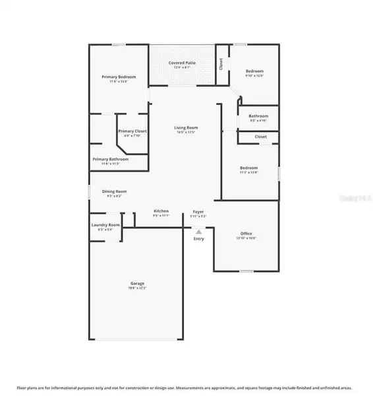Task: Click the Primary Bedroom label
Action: coord(118,77)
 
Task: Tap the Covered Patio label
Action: coord(182,63)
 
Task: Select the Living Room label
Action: coord(186,127)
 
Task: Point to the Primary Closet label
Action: coord(132,131)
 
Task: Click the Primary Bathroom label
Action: coord(111,159)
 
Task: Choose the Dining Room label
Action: coord(114,191)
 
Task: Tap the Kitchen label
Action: coord(161,211)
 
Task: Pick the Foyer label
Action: coord(198,211)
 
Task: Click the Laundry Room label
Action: coord(105,225)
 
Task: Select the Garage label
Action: coord(137,283)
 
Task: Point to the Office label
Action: coord(246,233)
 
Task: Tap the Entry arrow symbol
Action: coord(198,232)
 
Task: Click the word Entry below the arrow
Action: coord(198,238)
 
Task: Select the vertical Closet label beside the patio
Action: coord(221,64)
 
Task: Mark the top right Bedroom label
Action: coord(255,71)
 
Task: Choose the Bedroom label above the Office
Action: coord(248,168)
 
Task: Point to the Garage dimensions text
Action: coord(137,288)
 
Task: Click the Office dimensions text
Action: coord(246,238)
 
